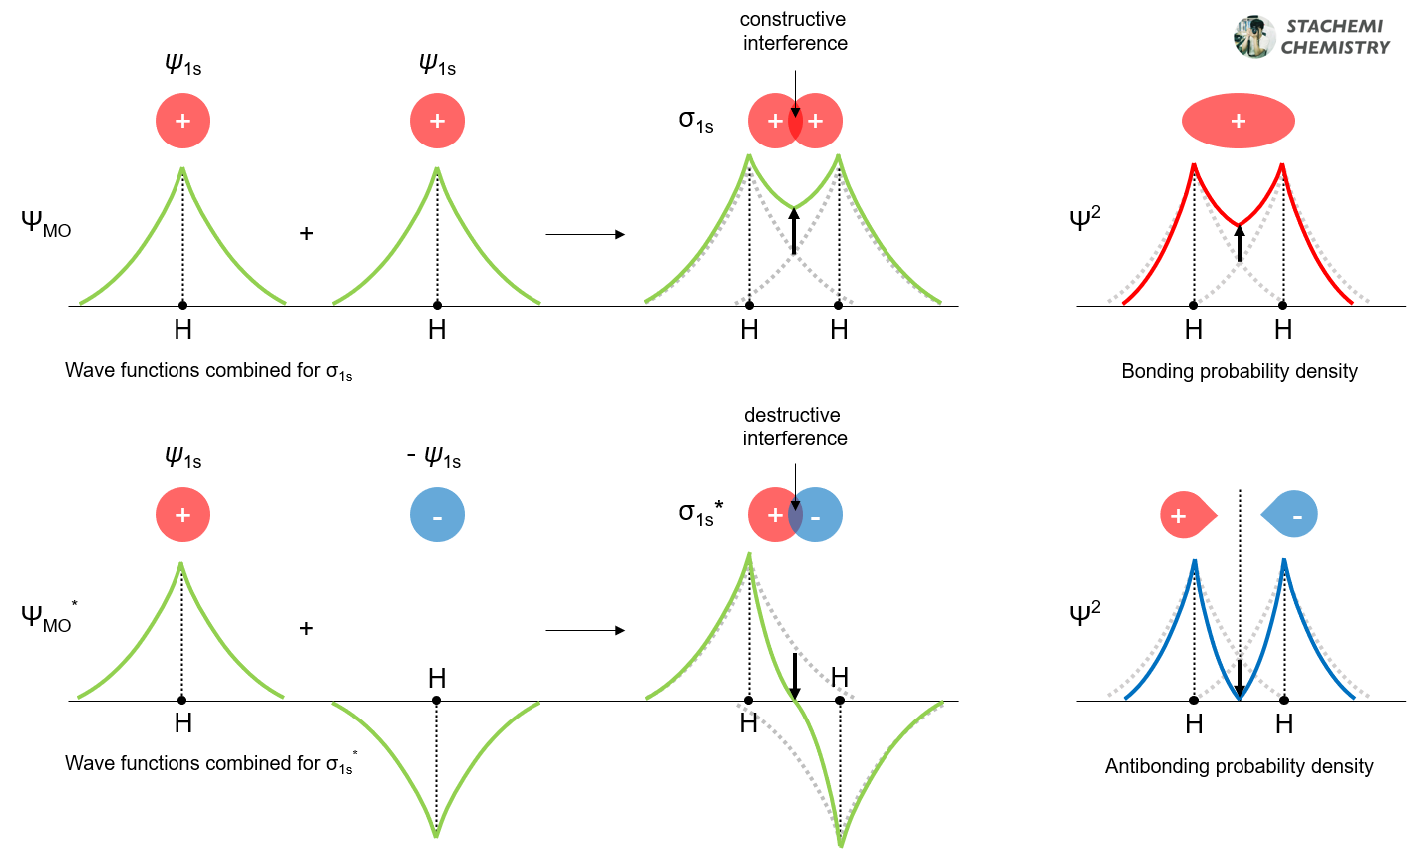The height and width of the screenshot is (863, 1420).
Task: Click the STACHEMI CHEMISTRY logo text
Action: pyautogui.click(x=1334, y=37)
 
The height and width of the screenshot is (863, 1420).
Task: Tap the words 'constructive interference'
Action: pyautogui.click(x=794, y=31)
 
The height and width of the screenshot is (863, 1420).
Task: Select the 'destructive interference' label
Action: pyautogui.click(x=794, y=427)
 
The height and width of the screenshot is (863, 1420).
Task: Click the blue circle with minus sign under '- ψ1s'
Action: pyautogui.click(x=437, y=515)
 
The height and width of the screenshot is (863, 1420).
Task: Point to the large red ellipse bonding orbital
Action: pyautogui.click(x=1238, y=121)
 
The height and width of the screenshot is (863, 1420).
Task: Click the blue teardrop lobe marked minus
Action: pyautogui.click(x=1292, y=515)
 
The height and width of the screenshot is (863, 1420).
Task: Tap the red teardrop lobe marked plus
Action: pyautogui.click(x=1186, y=515)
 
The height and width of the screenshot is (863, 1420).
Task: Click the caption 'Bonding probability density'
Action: pyautogui.click(x=1239, y=371)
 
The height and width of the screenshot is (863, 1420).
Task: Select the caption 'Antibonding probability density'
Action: pyautogui.click(x=1239, y=766)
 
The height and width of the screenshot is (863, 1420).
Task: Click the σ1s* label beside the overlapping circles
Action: pyautogui.click(x=701, y=513)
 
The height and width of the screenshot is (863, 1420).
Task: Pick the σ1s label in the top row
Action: pyautogui.click(x=696, y=120)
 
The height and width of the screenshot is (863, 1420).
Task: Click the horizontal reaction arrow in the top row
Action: pyautogui.click(x=585, y=235)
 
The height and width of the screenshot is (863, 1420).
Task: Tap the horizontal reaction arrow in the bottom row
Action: pyautogui.click(x=585, y=630)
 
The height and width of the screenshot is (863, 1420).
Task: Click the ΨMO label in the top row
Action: pyautogui.click(x=46, y=223)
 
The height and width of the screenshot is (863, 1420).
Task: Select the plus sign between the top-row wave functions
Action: pyautogui.click(x=306, y=233)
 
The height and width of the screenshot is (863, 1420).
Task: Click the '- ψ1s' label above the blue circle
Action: pyautogui.click(x=433, y=458)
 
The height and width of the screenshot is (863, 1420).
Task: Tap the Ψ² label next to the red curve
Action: pyautogui.click(x=1084, y=217)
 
